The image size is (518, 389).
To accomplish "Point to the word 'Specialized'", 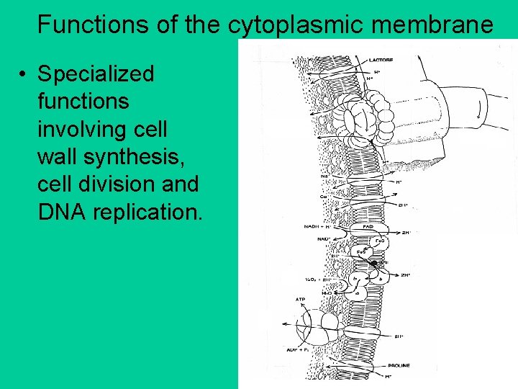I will click(x=96, y=74).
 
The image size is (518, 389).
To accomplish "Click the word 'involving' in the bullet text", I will click(x=84, y=130).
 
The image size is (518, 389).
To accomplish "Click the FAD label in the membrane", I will click(x=367, y=226).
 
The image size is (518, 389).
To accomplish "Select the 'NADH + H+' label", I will click(x=317, y=227).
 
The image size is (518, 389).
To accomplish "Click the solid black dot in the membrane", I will click(x=373, y=264).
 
